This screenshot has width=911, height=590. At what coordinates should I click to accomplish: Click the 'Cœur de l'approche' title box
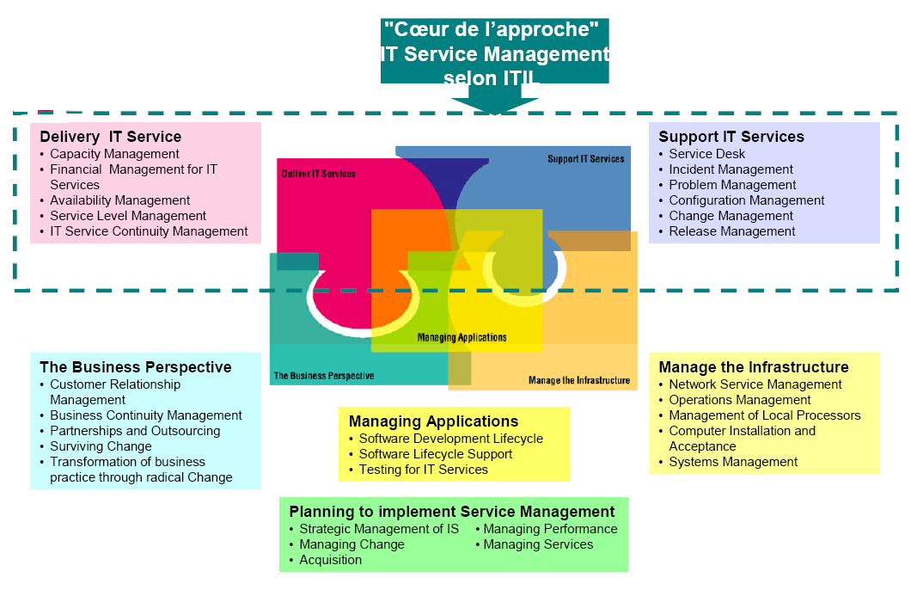495,52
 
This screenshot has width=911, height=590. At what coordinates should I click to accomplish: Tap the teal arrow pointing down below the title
495,104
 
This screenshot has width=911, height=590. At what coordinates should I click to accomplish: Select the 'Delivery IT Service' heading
110,137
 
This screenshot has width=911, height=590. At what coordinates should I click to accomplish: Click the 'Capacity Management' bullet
114,154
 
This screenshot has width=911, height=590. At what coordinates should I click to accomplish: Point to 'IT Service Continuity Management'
149,231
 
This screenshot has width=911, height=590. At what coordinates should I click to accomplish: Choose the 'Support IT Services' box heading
731,137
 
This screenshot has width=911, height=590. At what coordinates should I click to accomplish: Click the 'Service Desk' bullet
707,154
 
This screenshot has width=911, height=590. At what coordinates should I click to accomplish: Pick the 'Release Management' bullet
732,231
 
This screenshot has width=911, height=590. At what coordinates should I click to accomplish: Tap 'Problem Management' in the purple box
732,185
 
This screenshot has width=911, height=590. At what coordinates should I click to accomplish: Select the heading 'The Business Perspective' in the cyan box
136,367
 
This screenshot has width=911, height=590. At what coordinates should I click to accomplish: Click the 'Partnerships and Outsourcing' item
135,431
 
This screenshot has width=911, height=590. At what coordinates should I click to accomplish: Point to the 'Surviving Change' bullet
101,446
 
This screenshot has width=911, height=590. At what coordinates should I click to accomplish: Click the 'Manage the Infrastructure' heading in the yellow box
754,367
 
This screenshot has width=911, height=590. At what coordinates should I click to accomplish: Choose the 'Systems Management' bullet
733,462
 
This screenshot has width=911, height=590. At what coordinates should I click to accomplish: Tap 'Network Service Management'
755,384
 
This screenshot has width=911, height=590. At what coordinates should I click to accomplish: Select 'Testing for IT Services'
423,470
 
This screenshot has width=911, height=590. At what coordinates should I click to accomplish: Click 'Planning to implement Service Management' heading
452,512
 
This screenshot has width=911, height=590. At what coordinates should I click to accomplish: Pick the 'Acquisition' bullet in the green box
330,560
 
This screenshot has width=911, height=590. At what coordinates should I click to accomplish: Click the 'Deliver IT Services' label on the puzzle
319,174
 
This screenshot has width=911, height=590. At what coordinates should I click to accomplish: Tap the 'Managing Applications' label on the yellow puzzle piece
462,337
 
